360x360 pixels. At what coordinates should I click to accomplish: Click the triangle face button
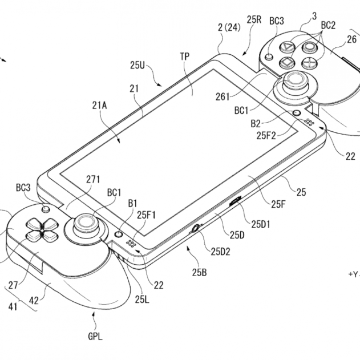287,47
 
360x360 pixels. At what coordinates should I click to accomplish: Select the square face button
287,62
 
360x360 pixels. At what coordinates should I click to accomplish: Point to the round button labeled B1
119,234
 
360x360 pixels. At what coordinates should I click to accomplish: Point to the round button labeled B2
297,113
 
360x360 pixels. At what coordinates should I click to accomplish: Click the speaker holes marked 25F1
131,244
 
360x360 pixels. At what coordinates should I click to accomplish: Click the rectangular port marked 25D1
235,201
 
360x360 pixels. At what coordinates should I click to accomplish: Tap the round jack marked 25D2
195,228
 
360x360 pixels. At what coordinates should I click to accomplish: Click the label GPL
95,337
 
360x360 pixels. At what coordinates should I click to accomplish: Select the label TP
185,56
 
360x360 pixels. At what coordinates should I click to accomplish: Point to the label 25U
137,65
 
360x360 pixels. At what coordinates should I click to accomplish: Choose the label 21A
99,106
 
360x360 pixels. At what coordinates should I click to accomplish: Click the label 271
93,179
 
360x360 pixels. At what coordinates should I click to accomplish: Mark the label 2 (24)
229,28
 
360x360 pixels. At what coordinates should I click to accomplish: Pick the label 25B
199,272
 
